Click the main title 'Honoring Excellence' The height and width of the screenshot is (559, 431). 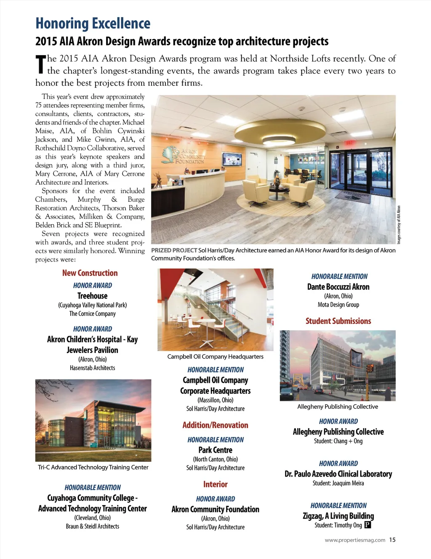[93, 24]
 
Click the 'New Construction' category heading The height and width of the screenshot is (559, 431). [90, 273]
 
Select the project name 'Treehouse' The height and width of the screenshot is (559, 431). [92, 296]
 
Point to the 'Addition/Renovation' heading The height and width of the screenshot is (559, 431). [215, 425]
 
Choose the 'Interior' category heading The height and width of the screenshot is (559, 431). [215, 484]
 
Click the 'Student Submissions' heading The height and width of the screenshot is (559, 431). [338, 321]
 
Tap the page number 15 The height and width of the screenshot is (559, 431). [392, 540]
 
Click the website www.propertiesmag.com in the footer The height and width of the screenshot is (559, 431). [355, 540]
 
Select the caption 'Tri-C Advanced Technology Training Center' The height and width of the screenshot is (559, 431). [93, 467]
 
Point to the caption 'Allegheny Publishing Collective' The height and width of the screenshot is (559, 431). [338, 406]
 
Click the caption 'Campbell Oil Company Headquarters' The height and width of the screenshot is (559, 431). [215, 356]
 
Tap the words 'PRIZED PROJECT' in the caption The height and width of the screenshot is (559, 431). [174, 250]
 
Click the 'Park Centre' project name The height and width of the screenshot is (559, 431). [215, 450]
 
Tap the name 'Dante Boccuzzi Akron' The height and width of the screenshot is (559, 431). [338, 287]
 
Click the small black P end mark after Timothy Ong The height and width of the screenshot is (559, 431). [367, 525]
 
